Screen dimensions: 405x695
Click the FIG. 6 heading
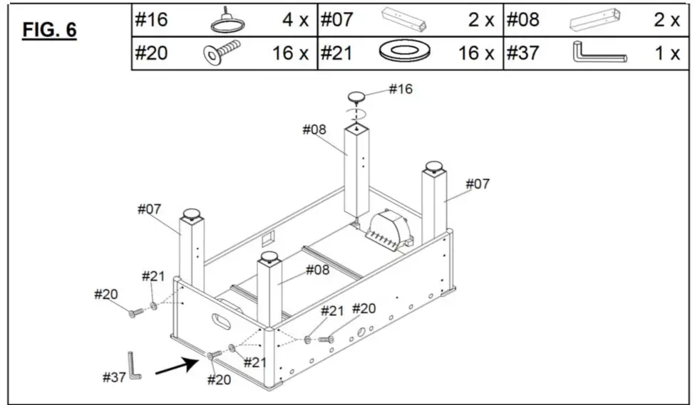tap(49, 30)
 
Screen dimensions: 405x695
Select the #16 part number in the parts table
tap(151, 19)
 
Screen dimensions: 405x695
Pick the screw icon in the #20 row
tap(222, 53)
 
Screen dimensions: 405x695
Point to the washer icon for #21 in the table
tap(404, 53)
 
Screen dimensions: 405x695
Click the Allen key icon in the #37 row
tap(598, 53)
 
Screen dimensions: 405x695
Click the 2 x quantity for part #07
tap(481, 20)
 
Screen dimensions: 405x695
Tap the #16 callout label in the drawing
tap(400, 89)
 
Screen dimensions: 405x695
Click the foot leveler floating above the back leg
tap(357, 98)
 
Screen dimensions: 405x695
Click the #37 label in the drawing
tap(114, 377)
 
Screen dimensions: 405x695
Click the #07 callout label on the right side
tap(478, 184)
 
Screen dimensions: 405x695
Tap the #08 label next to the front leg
tap(317, 270)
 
